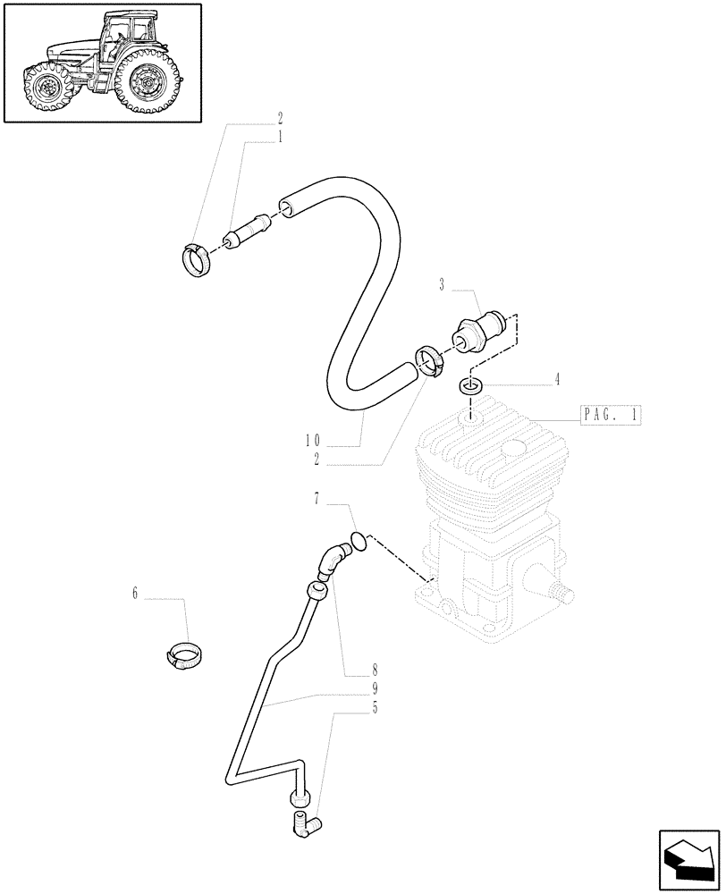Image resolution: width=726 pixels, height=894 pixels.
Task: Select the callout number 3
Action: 442,285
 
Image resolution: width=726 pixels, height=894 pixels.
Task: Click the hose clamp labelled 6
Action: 184,656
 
